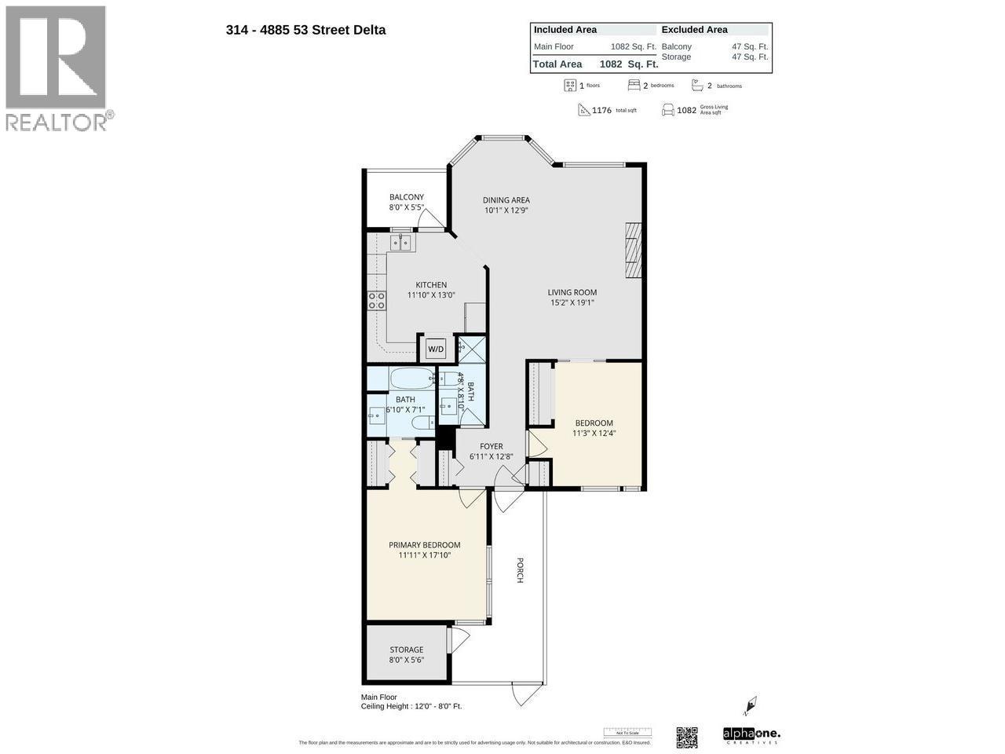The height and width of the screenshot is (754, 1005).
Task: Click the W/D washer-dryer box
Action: click(435, 349)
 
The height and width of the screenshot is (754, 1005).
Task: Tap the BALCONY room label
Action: click(407, 197)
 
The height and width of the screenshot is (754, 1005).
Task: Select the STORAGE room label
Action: click(407, 650)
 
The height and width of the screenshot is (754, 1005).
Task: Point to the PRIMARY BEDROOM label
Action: click(425, 545)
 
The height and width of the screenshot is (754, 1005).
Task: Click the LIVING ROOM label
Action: click(572, 292)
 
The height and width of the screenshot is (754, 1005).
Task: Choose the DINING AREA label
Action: click(506, 199)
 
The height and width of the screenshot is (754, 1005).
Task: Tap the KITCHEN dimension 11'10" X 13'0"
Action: click(431, 295)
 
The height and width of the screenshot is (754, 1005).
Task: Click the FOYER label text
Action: click(492, 446)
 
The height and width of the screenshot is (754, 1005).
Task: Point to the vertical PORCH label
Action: click(520, 570)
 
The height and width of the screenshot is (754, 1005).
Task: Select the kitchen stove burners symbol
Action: click(377, 300)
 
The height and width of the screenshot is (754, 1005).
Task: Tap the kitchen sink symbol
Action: click(400, 243)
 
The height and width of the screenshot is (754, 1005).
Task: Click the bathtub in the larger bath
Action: click(411, 379)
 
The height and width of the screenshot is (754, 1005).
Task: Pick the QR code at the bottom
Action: click(687, 738)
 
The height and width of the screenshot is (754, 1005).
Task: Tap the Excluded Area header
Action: click(694, 30)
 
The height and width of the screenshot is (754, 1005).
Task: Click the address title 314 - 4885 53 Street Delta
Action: click(305, 31)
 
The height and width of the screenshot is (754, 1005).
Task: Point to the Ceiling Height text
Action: click(411, 706)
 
